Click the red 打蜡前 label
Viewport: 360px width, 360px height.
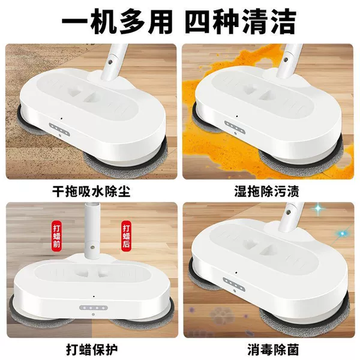(57, 235)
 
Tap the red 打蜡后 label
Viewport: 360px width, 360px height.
(126, 235)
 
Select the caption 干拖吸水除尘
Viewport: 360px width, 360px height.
(91, 191)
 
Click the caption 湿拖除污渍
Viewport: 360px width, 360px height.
(267, 191)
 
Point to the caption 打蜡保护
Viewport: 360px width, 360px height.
(92, 349)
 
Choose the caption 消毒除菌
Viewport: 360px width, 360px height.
(273, 349)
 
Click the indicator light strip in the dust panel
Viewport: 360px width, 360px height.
(59, 129)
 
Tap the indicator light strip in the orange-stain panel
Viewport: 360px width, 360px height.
(235, 127)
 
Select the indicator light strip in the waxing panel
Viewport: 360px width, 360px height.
(94, 308)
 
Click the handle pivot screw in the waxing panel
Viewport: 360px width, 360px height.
(92, 247)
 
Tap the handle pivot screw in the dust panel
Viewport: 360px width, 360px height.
(111, 62)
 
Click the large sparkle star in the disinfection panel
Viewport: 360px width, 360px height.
(318, 208)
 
